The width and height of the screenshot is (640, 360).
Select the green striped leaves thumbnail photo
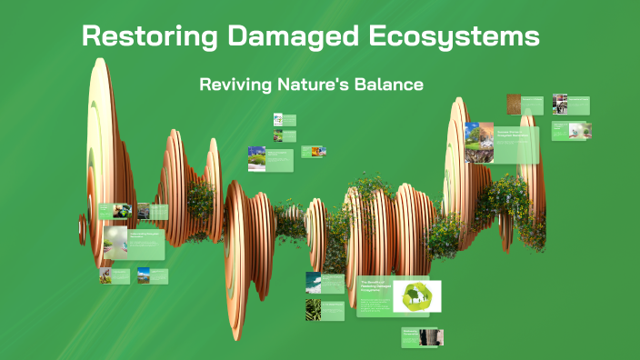(x=312, y=310)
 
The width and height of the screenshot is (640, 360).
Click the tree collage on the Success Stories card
(x=479, y=143)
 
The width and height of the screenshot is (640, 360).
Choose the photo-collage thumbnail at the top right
(x=559, y=104)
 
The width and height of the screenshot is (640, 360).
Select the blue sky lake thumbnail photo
(x=144, y=275)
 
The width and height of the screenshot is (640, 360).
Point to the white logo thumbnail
(x=279, y=119)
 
